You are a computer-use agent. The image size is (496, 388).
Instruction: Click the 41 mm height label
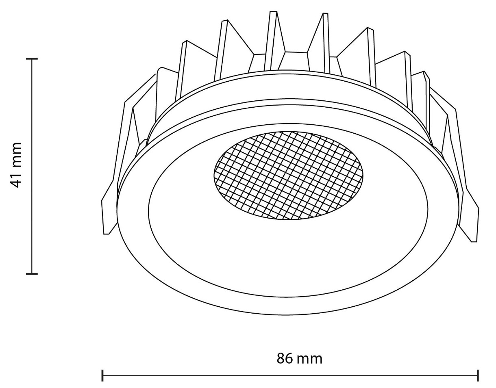tap(16, 165)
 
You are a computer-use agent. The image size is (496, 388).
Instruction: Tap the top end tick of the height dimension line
tap(32, 59)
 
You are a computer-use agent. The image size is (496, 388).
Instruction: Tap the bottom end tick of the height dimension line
tap(32, 273)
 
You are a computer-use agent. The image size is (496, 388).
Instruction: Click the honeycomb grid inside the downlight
tap(288, 176)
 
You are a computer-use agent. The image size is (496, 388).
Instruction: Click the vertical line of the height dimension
tap(32, 166)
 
